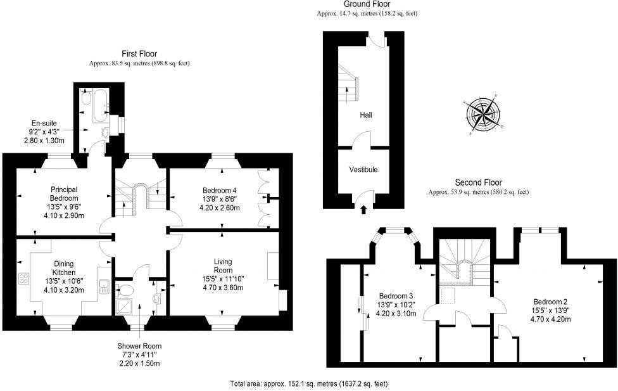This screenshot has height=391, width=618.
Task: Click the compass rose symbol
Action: click(484, 115)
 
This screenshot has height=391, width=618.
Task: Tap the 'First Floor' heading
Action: click(139, 54)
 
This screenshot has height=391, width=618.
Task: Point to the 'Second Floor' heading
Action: click(478, 183)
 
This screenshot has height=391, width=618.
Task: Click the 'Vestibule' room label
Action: click(363, 170)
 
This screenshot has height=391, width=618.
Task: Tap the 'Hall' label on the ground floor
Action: click(365, 115)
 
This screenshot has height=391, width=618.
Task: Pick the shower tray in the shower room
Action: click(124, 307)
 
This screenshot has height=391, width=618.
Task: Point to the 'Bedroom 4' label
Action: click(220, 190)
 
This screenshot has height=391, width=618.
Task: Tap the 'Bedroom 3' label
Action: click(396, 296)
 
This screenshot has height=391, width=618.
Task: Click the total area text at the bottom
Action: click(308, 383)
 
